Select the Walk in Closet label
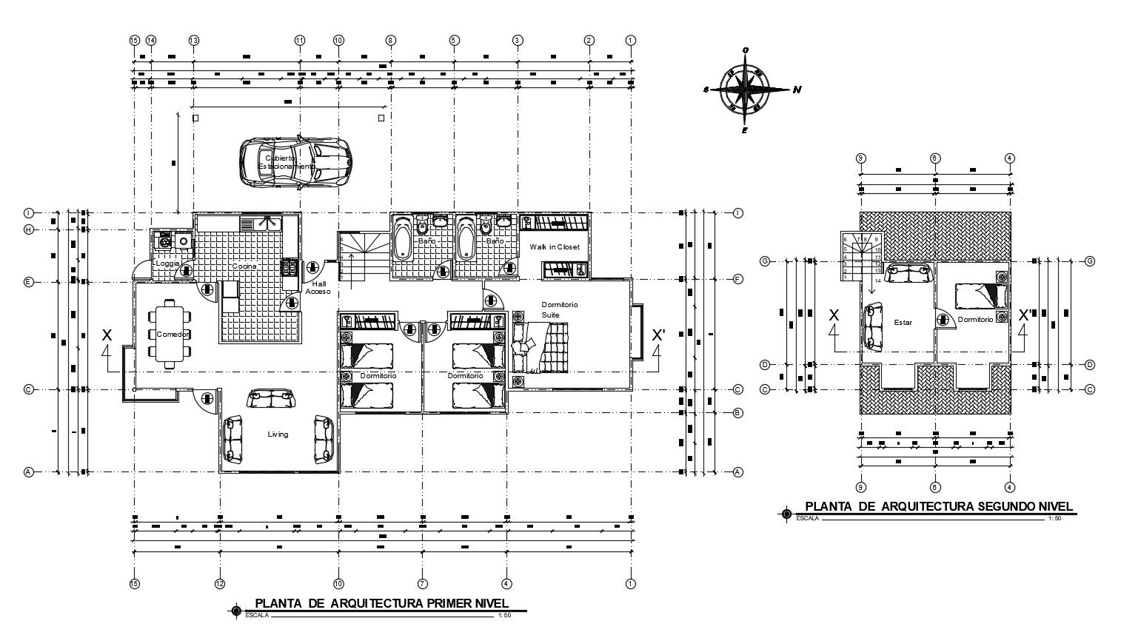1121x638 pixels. (x=555, y=246)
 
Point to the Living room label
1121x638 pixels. (x=278, y=434)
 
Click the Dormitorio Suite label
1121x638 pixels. (x=559, y=309)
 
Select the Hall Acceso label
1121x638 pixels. (x=319, y=288)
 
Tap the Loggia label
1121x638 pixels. (x=167, y=263)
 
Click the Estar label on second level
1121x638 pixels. (x=903, y=323)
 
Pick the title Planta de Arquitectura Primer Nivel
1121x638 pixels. (x=381, y=603)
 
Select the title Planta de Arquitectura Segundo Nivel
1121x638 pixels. (x=939, y=507)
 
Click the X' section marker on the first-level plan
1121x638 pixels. (x=658, y=335)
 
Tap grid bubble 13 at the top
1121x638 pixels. (x=194, y=40)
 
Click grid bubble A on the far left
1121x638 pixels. (x=29, y=471)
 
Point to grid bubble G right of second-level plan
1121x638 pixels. (x=1090, y=261)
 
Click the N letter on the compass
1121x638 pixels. (x=797, y=90)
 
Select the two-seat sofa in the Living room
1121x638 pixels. (x=272, y=398)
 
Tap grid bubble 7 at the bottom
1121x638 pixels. (x=421, y=583)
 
